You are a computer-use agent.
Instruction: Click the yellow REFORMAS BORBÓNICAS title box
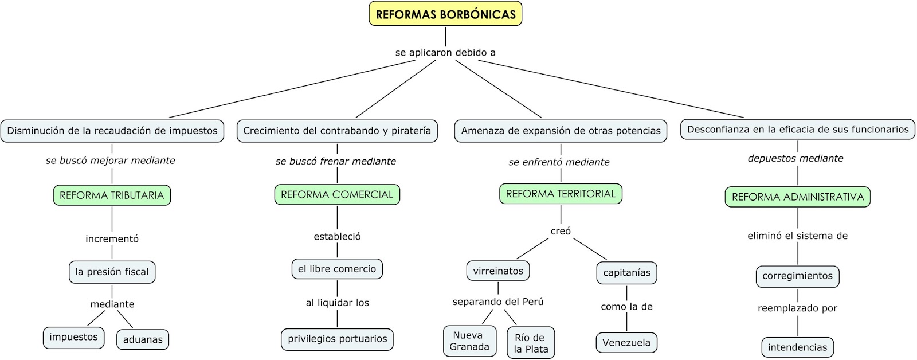(x=445, y=14)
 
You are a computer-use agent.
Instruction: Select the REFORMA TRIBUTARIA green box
(x=112, y=195)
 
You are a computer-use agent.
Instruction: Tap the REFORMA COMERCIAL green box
(x=337, y=194)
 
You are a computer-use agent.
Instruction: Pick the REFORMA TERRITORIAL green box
(x=561, y=194)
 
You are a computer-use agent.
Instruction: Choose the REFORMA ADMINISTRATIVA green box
(x=797, y=197)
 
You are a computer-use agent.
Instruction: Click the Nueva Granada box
(x=469, y=341)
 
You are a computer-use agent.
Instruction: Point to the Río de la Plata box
(x=531, y=343)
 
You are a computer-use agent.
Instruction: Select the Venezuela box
(x=626, y=342)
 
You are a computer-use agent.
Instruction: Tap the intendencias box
(x=797, y=347)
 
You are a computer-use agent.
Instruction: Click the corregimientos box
(x=797, y=276)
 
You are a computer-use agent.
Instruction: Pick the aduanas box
(x=143, y=339)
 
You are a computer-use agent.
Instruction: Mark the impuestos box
(x=74, y=338)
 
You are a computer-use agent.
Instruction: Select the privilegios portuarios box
(x=338, y=339)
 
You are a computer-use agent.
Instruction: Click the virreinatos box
(x=498, y=271)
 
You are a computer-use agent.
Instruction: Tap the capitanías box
(x=627, y=273)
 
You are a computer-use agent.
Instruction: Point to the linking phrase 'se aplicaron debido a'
(x=445, y=52)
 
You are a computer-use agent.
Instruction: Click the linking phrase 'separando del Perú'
(x=498, y=302)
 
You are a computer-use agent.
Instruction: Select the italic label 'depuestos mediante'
(x=795, y=158)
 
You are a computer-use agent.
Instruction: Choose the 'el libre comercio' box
(x=337, y=269)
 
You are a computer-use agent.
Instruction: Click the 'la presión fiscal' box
(x=112, y=272)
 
